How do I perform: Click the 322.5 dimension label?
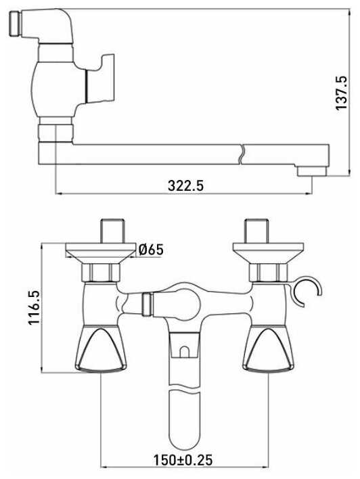click(185, 185)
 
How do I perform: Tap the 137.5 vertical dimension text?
click(341, 93)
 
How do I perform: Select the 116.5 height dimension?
click(34, 308)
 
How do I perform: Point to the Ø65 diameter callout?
click(151, 250)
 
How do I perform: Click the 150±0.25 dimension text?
click(183, 460)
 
